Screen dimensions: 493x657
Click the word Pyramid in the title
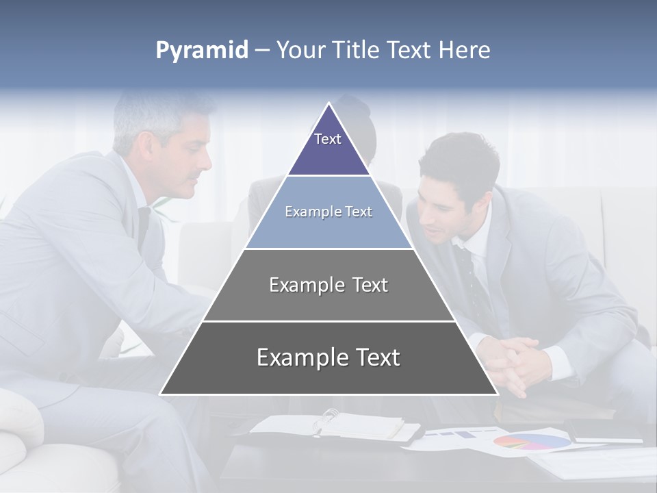coord(201,51)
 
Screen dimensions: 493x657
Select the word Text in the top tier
coord(328,139)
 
